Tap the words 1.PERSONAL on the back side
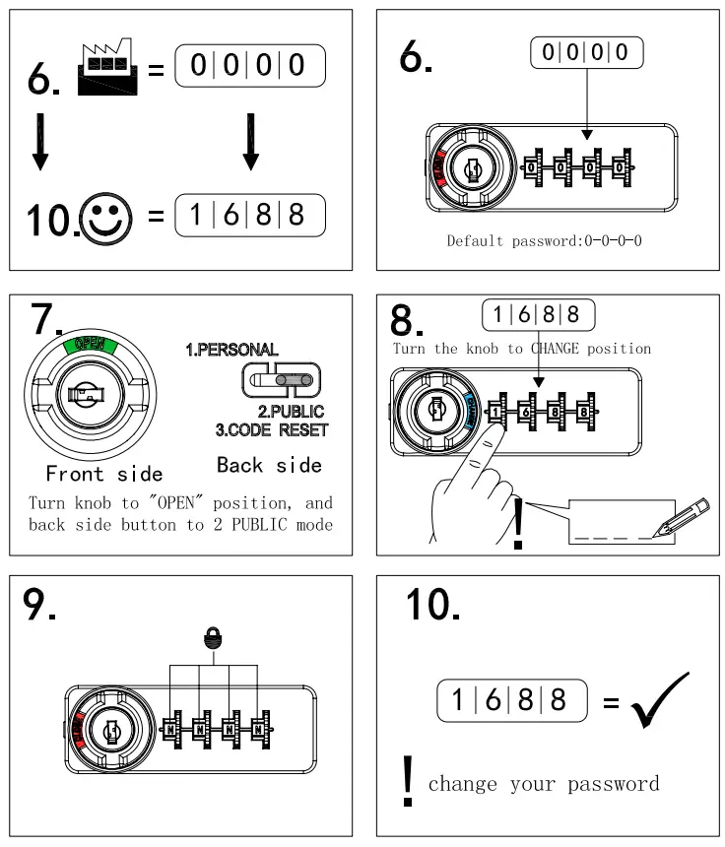point(231,351)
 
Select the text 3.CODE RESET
point(271,430)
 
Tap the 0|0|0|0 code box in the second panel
point(586,51)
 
